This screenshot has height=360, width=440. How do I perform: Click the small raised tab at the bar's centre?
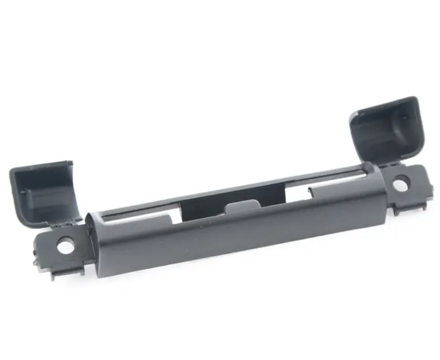click(x=240, y=207)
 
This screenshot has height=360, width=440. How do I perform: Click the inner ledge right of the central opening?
click(x=292, y=193)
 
